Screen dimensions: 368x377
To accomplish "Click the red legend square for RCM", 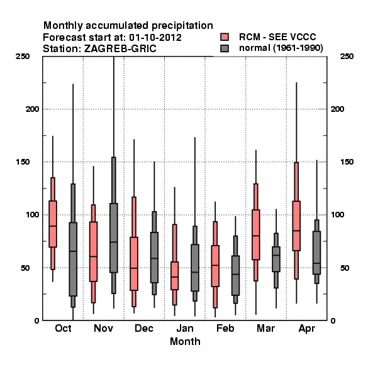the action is click(225, 37).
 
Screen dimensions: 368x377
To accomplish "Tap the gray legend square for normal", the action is click(225, 48).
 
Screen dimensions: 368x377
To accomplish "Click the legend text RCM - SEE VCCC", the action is click(277, 37).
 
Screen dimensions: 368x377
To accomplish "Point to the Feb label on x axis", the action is click(225, 328).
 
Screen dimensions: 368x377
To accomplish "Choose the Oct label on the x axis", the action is click(63, 328).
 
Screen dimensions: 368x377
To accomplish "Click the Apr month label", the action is click(306, 329).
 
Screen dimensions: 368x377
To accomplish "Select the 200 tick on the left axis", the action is click(32, 109).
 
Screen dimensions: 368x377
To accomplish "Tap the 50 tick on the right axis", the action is click(345, 268).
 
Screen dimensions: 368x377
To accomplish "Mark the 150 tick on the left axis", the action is click(23, 162).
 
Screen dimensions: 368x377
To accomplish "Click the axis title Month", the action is click(185, 341).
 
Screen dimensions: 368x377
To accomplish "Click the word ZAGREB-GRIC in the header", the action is click(120, 49).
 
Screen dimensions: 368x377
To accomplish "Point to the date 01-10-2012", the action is click(155, 38).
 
